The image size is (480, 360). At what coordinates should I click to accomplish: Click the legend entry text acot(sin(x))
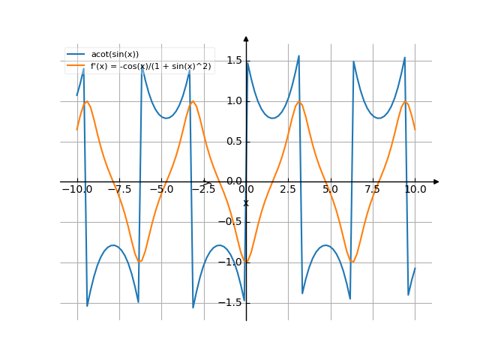115,54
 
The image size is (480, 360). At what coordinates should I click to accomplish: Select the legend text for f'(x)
151,66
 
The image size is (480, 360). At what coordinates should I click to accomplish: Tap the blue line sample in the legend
76,54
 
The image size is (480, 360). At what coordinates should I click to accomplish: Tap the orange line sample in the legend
76,66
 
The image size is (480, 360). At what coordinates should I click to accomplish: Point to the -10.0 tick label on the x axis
76,190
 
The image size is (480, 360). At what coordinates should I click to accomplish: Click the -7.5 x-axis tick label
119,190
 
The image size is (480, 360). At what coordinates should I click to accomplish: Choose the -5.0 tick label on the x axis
161,190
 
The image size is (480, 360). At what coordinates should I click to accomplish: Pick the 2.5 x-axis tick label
288,190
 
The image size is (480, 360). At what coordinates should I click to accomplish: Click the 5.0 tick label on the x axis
331,190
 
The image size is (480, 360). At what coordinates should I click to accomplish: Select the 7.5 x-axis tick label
373,190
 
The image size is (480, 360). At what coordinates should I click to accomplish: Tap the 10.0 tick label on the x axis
415,190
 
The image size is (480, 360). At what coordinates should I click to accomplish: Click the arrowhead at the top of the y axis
246,37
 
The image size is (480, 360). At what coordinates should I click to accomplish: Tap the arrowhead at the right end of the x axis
436,181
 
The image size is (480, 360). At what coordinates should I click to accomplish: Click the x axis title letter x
246,202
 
